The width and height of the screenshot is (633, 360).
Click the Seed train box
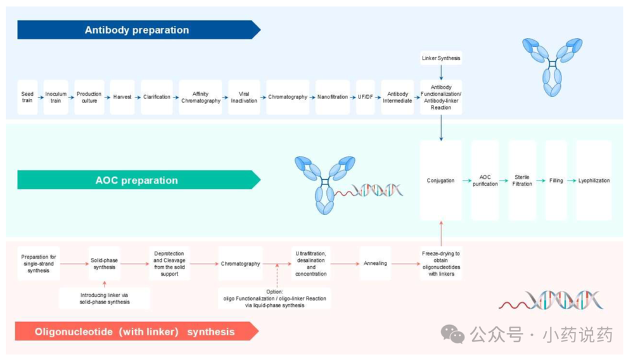(x=27, y=97)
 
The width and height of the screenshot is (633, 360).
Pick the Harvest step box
(x=122, y=97)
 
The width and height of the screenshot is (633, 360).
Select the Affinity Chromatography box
(x=200, y=97)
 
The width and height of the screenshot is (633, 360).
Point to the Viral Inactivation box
(x=244, y=97)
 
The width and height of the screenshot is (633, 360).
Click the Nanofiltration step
(x=333, y=97)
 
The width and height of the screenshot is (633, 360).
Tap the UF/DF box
(x=365, y=97)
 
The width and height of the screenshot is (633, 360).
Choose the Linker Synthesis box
(x=441, y=58)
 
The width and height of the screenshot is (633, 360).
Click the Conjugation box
(x=440, y=181)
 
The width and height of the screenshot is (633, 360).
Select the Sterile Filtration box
(x=522, y=181)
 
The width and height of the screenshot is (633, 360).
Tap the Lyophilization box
(x=594, y=181)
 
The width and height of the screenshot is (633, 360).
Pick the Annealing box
(x=375, y=264)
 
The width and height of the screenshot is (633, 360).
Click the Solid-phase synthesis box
(x=105, y=264)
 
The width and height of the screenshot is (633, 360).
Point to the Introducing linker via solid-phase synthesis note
(x=105, y=298)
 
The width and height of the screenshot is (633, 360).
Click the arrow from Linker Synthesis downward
(x=441, y=72)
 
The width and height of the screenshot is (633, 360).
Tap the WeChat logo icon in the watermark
(x=452, y=333)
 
